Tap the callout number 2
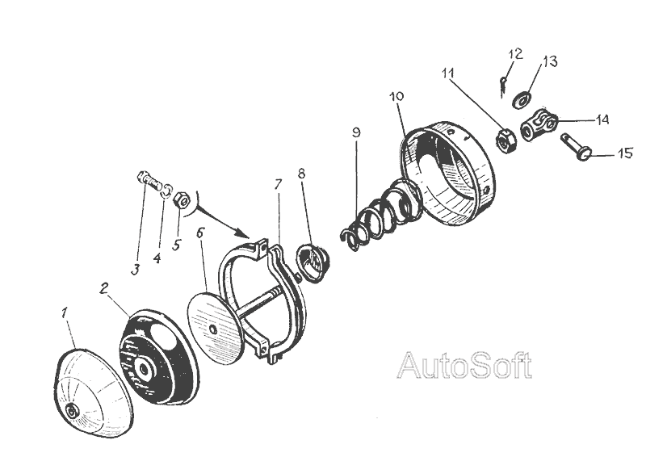pyautogui.click(x=104, y=288)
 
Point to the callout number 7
pyautogui.click(x=277, y=185)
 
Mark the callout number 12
pyautogui.click(x=516, y=54)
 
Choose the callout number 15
pyautogui.click(x=626, y=153)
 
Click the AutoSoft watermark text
pyautogui.click(x=465, y=366)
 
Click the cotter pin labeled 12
pyautogui.click(x=503, y=82)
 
